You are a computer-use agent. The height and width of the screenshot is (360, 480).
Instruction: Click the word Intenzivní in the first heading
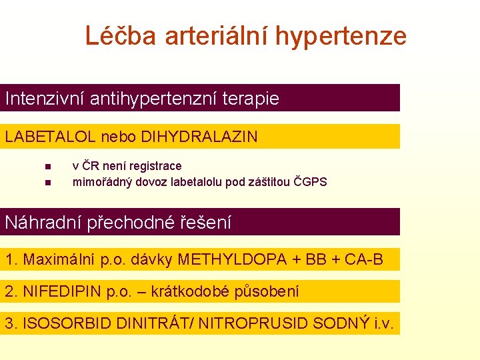[x=45, y=99]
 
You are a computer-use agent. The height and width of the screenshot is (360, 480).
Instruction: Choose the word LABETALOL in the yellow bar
[x=51, y=137]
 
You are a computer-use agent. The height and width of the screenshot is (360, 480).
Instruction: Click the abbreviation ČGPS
[x=311, y=182]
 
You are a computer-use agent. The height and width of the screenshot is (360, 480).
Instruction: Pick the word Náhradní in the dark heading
[x=43, y=223]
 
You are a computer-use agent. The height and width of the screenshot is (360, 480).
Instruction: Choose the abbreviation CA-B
[x=363, y=259]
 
